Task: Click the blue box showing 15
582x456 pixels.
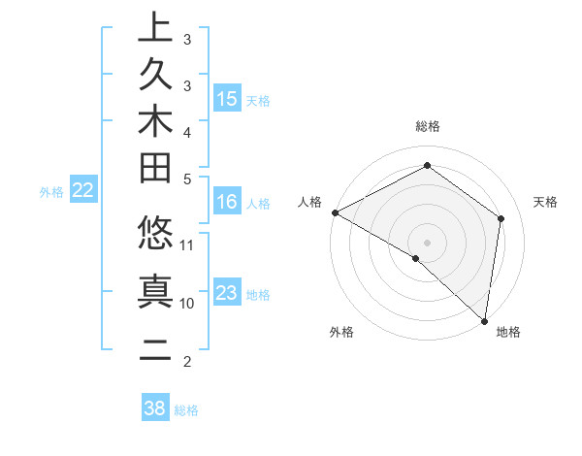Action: [x=227, y=99]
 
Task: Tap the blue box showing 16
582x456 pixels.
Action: [x=227, y=202]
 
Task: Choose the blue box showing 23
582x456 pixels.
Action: [x=227, y=293]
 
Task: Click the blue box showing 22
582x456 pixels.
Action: [x=83, y=191]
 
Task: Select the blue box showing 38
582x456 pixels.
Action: [x=154, y=408]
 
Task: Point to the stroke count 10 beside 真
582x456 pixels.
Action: [x=187, y=303]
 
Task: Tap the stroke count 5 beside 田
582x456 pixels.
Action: [x=187, y=178]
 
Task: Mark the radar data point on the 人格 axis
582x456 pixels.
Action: [x=335, y=212]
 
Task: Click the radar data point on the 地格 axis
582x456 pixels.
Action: [x=484, y=320]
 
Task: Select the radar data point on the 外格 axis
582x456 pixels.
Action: [x=416, y=258]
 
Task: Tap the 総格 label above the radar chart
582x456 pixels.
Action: [x=428, y=126]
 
